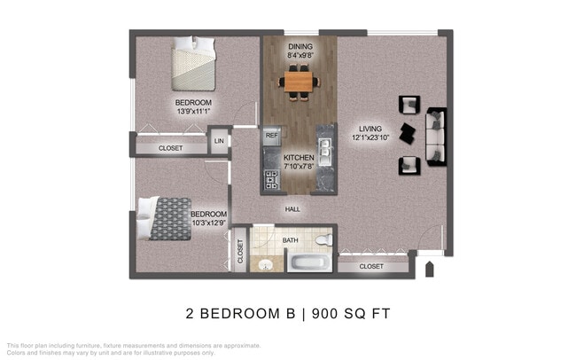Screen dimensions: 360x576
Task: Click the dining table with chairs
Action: [x=299, y=82]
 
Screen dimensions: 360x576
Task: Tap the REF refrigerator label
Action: [x=272, y=137]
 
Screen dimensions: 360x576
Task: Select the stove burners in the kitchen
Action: [x=271, y=181]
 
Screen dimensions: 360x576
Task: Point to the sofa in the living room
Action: [x=437, y=136]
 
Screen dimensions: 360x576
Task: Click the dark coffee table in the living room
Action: [x=407, y=135]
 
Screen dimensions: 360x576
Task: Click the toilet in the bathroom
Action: [x=323, y=239]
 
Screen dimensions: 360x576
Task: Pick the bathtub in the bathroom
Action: [x=308, y=262]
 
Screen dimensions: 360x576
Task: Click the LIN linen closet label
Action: [x=218, y=141]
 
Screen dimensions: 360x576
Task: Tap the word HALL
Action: [x=292, y=209]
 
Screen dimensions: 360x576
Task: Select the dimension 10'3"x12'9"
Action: [x=208, y=223]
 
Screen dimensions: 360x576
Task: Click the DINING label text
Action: [x=299, y=46]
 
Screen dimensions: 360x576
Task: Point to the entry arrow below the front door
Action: [x=430, y=268]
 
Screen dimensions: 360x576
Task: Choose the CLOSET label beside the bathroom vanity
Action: [x=240, y=253]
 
